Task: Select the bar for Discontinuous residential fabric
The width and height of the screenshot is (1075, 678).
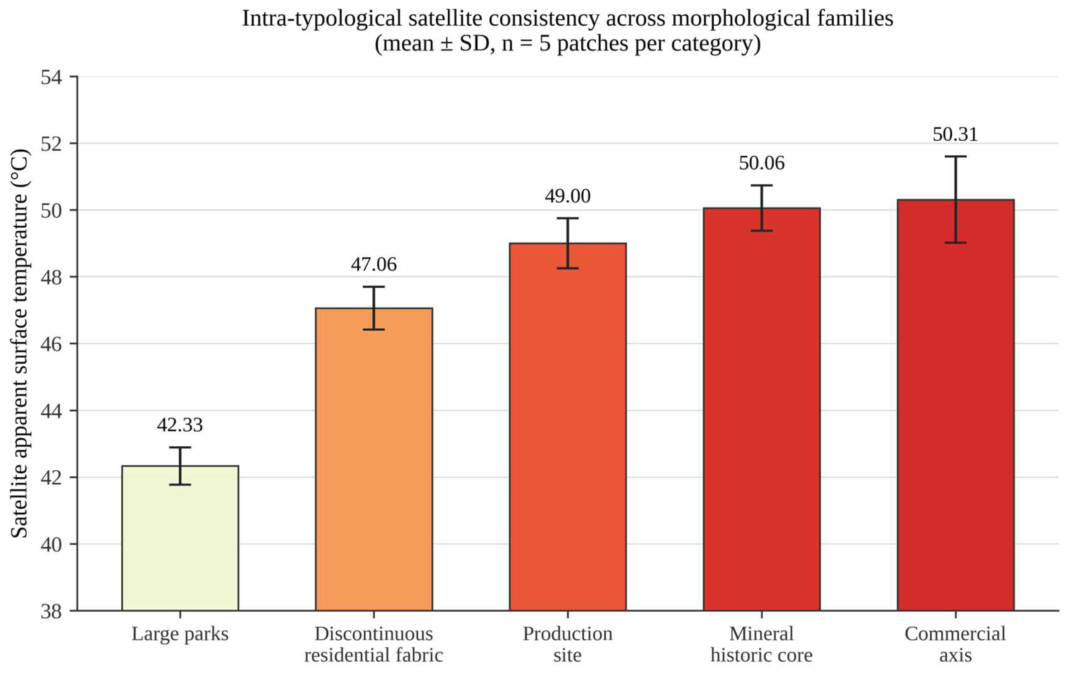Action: point(374,459)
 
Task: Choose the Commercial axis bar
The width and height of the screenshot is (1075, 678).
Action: point(955,405)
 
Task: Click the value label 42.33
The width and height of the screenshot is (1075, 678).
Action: point(180,425)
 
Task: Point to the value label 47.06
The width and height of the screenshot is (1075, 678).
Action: point(374,264)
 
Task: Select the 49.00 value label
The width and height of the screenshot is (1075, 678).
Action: point(567,196)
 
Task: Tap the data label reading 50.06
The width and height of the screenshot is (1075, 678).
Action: point(761,163)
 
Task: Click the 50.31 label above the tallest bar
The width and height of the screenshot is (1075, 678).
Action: point(955,134)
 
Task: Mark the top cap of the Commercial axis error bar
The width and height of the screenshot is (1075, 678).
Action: point(955,156)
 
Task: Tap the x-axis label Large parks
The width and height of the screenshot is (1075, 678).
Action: point(180,634)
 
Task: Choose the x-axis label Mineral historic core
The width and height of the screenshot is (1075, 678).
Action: point(761,645)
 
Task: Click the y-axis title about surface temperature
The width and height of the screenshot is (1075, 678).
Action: point(20,343)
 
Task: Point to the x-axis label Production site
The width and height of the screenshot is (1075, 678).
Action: point(567,645)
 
